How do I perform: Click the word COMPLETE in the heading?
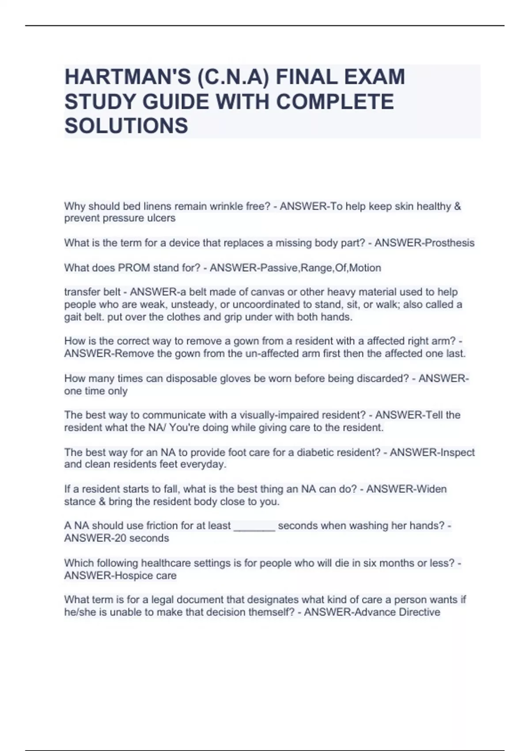[x=334, y=102]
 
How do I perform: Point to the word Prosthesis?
[x=449, y=243]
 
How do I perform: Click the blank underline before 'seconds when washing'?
[x=254, y=527]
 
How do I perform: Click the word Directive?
[x=419, y=612]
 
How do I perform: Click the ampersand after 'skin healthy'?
[x=458, y=206]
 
